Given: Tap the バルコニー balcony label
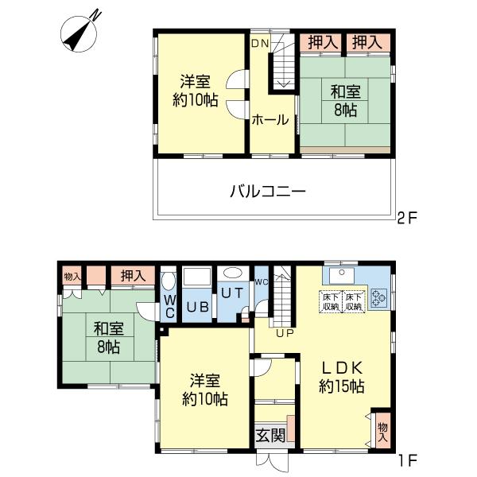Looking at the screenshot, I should tap(268, 191).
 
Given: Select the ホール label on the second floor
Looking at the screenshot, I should tap(270, 121).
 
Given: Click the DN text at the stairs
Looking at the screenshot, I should tap(261, 44).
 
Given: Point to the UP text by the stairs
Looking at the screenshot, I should tap(285, 333).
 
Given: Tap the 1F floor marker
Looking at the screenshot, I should tap(407, 460).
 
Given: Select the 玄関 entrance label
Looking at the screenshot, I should tap(270, 435).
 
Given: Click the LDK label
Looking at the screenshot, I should tap(342, 368).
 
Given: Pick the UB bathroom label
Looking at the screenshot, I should tap(196, 308).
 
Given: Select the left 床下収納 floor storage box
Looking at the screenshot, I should tap(330, 301).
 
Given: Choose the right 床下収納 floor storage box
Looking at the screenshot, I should tap(352, 301).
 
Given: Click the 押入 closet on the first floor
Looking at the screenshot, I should tap(133, 276).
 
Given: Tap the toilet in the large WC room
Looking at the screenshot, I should tap(168, 282).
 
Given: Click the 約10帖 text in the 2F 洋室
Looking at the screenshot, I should tap(194, 99).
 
